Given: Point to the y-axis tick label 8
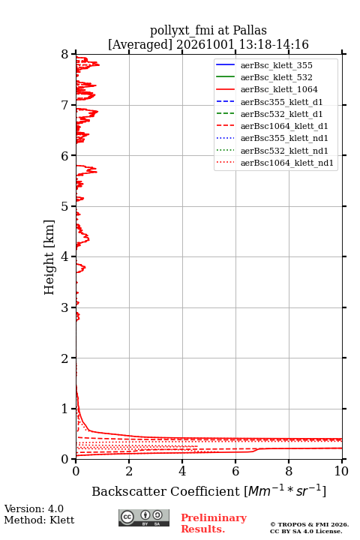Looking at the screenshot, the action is (65, 54).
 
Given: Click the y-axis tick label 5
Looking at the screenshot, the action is (65, 206).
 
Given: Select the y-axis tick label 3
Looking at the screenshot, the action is (65, 307).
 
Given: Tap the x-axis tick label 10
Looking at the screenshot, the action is (341, 471).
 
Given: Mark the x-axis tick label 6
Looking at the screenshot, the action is (235, 471).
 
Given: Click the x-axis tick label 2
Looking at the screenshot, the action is (129, 471).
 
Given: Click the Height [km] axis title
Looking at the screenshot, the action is (49, 257).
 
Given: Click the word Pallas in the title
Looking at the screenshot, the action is (250, 30).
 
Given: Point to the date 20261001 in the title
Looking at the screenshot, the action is (205, 44).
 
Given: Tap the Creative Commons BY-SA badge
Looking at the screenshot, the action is (144, 517).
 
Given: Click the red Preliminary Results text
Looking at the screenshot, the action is (214, 523).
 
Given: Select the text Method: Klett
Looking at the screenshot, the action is (39, 520).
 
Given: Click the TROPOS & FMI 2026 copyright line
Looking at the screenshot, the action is (310, 524).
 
